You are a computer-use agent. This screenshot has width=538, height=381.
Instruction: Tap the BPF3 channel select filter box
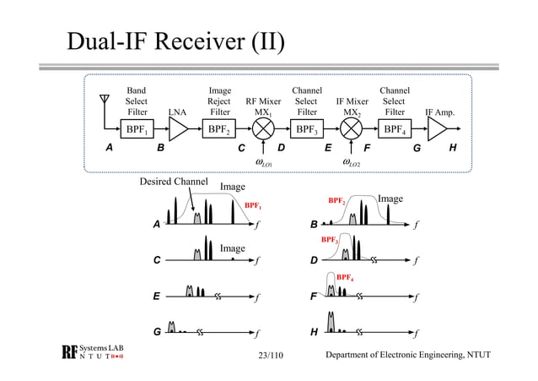[x=307, y=129]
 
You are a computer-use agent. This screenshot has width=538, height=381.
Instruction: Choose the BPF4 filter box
[x=394, y=129]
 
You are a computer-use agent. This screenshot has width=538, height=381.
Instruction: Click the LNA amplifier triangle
[x=178, y=129]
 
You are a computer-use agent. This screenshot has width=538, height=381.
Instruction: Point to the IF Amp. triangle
[x=438, y=129]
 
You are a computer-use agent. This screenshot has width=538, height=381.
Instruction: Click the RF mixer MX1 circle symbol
[x=263, y=129]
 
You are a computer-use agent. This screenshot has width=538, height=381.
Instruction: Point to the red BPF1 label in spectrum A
[x=253, y=204]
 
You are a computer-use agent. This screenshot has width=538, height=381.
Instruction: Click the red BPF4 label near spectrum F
[x=346, y=276]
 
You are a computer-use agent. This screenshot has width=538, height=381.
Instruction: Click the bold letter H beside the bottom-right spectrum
[x=315, y=332]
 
